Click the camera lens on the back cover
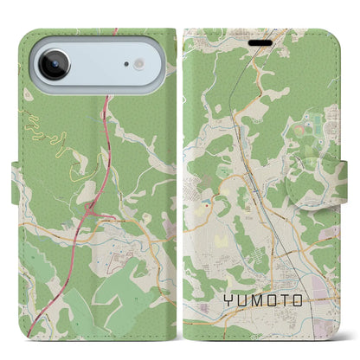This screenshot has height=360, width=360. click(53, 65)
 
